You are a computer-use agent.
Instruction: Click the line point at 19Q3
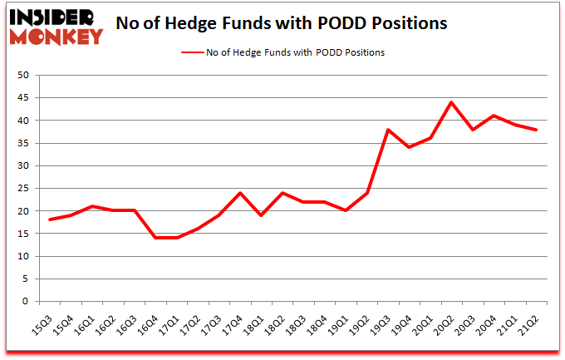387,130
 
